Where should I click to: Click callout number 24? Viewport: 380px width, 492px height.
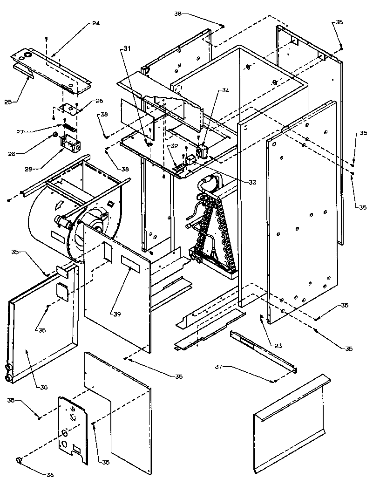click(96, 23)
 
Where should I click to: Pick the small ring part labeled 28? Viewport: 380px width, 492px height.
click(55, 135)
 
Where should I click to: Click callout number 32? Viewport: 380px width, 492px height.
click(174, 146)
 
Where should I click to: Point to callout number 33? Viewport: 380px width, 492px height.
click(252, 182)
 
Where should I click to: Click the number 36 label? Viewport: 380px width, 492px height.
click(50, 475)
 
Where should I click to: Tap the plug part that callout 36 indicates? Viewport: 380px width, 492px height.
click(20, 460)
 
